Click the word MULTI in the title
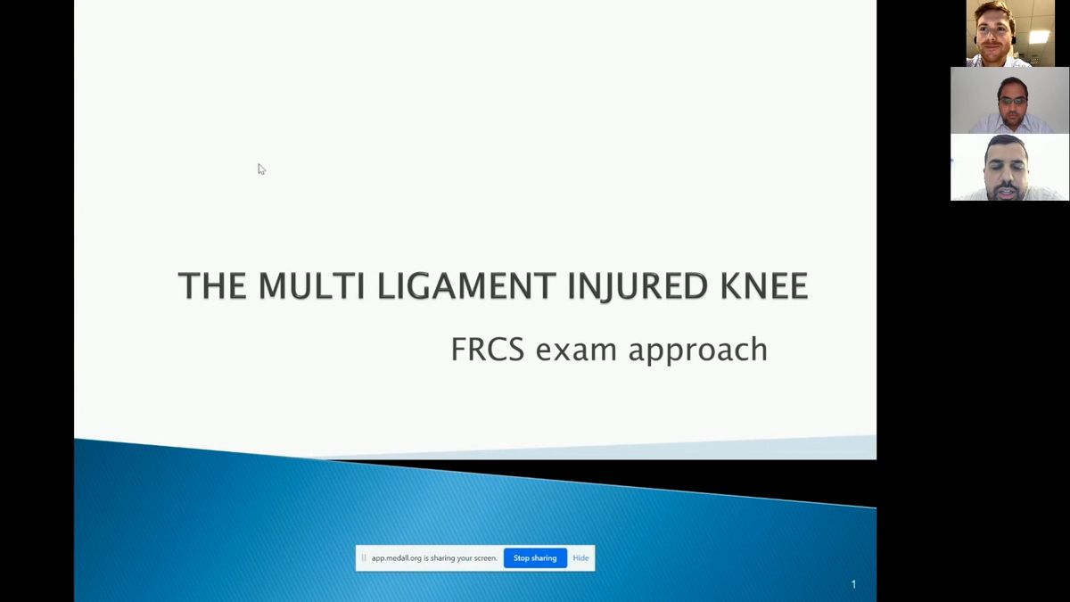[x=312, y=285]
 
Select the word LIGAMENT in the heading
[x=466, y=285]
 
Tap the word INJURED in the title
[x=638, y=286]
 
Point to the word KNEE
[x=764, y=285]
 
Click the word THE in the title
[x=212, y=285]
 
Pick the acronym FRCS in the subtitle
[x=488, y=350]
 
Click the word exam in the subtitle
[x=576, y=350]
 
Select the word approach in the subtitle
[x=698, y=350]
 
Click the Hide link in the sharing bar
[x=580, y=558]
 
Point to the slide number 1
[x=853, y=584]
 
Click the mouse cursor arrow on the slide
[x=261, y=169]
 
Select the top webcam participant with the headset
[x=1009, y=33]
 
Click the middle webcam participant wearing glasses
[x=1009, y=100]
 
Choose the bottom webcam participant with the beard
[x=1009, y=168]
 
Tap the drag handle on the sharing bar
[x=364, y=558]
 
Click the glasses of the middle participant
[x=1011, y=102]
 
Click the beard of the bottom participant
[x=1006, y=190]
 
